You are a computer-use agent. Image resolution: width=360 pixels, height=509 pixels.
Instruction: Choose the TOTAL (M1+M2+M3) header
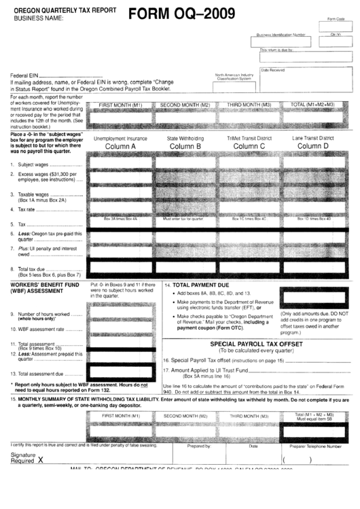(312, 105)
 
